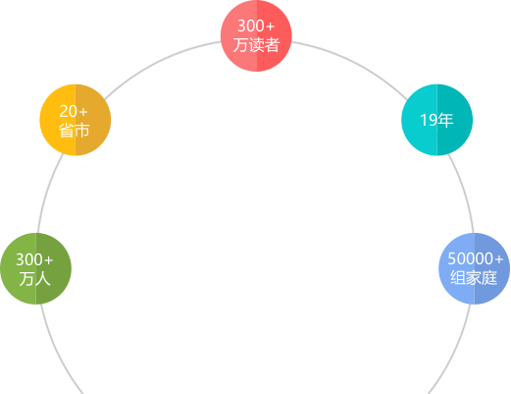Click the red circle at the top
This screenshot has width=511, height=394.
[256, 35]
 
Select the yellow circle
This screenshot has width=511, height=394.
[76, 120]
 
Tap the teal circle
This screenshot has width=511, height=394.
[437, 120]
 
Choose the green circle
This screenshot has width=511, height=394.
[35, 268]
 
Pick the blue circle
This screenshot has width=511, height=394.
[475, 268]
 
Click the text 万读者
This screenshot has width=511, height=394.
[256, 45]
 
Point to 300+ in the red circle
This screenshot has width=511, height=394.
[256, 26]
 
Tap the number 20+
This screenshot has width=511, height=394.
[74, 111]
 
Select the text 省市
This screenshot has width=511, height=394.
[75, 130]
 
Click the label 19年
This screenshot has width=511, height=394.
[436, 120]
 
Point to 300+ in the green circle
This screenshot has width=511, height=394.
[34, 259]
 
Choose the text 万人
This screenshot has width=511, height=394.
[34, 278]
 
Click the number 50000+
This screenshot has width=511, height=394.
[475, 258]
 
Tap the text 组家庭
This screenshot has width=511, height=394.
[474, 278]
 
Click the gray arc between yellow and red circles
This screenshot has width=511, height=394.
[158, 63]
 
